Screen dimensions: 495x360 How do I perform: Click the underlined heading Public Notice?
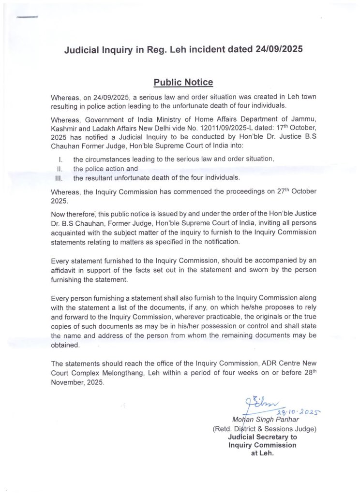(x=183, y=82)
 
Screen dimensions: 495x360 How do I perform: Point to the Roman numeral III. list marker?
(x=59, y=178)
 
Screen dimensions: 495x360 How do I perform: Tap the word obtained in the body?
(x=67, y=345)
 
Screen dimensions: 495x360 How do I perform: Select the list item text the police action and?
(x=105, y=169)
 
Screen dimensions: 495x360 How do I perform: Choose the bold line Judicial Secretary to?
(x=263, y=437)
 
